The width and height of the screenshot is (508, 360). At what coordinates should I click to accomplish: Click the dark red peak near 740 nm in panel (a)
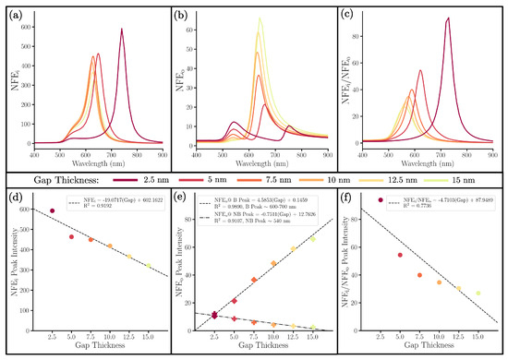pos(121,30)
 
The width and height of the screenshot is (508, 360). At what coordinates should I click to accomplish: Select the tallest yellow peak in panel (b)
pos(260,18)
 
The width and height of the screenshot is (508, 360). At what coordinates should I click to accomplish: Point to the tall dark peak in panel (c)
pos(448,18)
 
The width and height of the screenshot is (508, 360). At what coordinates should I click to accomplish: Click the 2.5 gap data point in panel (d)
pos(52,210)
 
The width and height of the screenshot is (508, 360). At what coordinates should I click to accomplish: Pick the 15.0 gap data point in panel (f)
pos(478,294)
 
